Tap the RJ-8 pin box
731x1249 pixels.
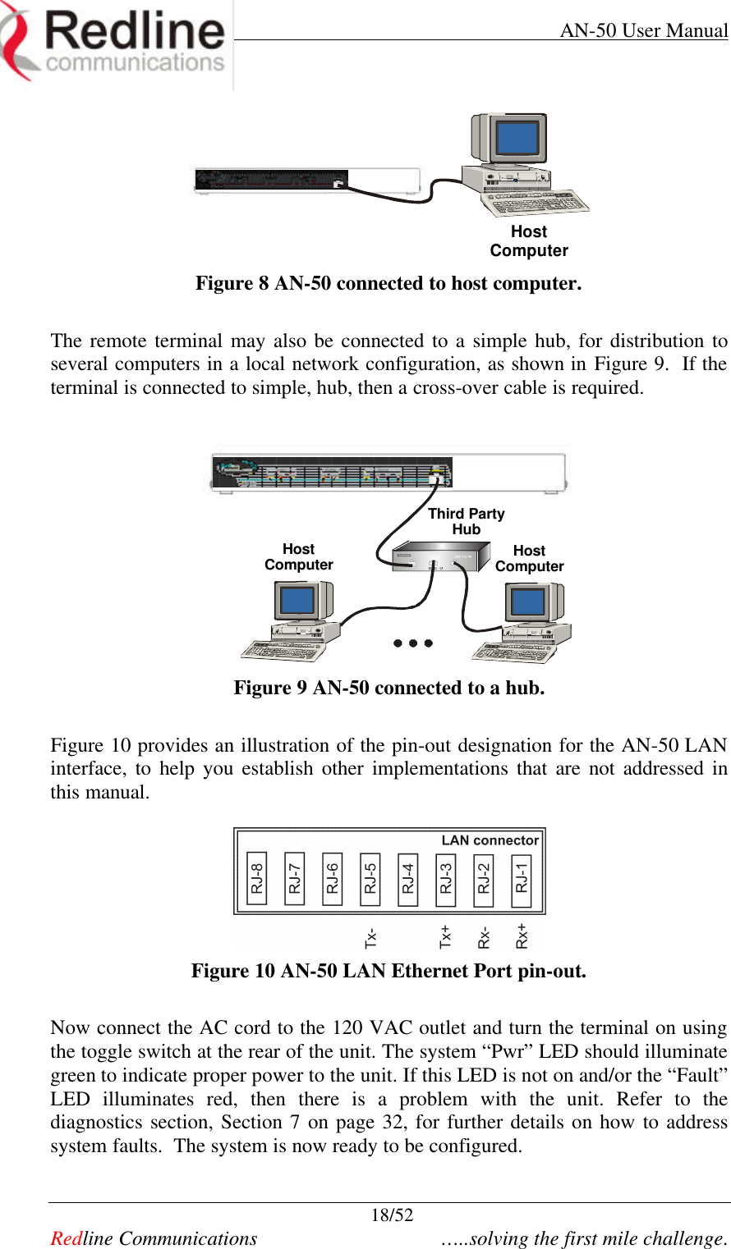[x=257, y=878]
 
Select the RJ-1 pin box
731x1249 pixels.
[x=522, y=878]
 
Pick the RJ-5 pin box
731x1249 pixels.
[x=370, y=878]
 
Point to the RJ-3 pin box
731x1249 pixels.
[x=446, y=878]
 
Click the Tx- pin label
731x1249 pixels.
[x=371, y=936]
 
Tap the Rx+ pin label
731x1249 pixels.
[x=522, y=936]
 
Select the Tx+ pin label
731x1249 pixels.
[x=446, y=936]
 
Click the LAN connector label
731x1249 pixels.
[x=490, y=840]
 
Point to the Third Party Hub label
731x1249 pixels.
[x=466, y=521]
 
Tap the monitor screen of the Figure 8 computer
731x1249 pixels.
[x=517, y=138]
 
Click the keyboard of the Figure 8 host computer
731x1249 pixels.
[x=538, y=203]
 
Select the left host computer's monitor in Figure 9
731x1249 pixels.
[x=297, y=602]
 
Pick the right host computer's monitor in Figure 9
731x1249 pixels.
[x=528, y=604]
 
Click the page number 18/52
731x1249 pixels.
[x=392, y=1215]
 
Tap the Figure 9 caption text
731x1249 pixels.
[x=388, y=688]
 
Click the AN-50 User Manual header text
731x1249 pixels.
[x=643, y=30]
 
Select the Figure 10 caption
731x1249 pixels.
[x=388, y=971]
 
